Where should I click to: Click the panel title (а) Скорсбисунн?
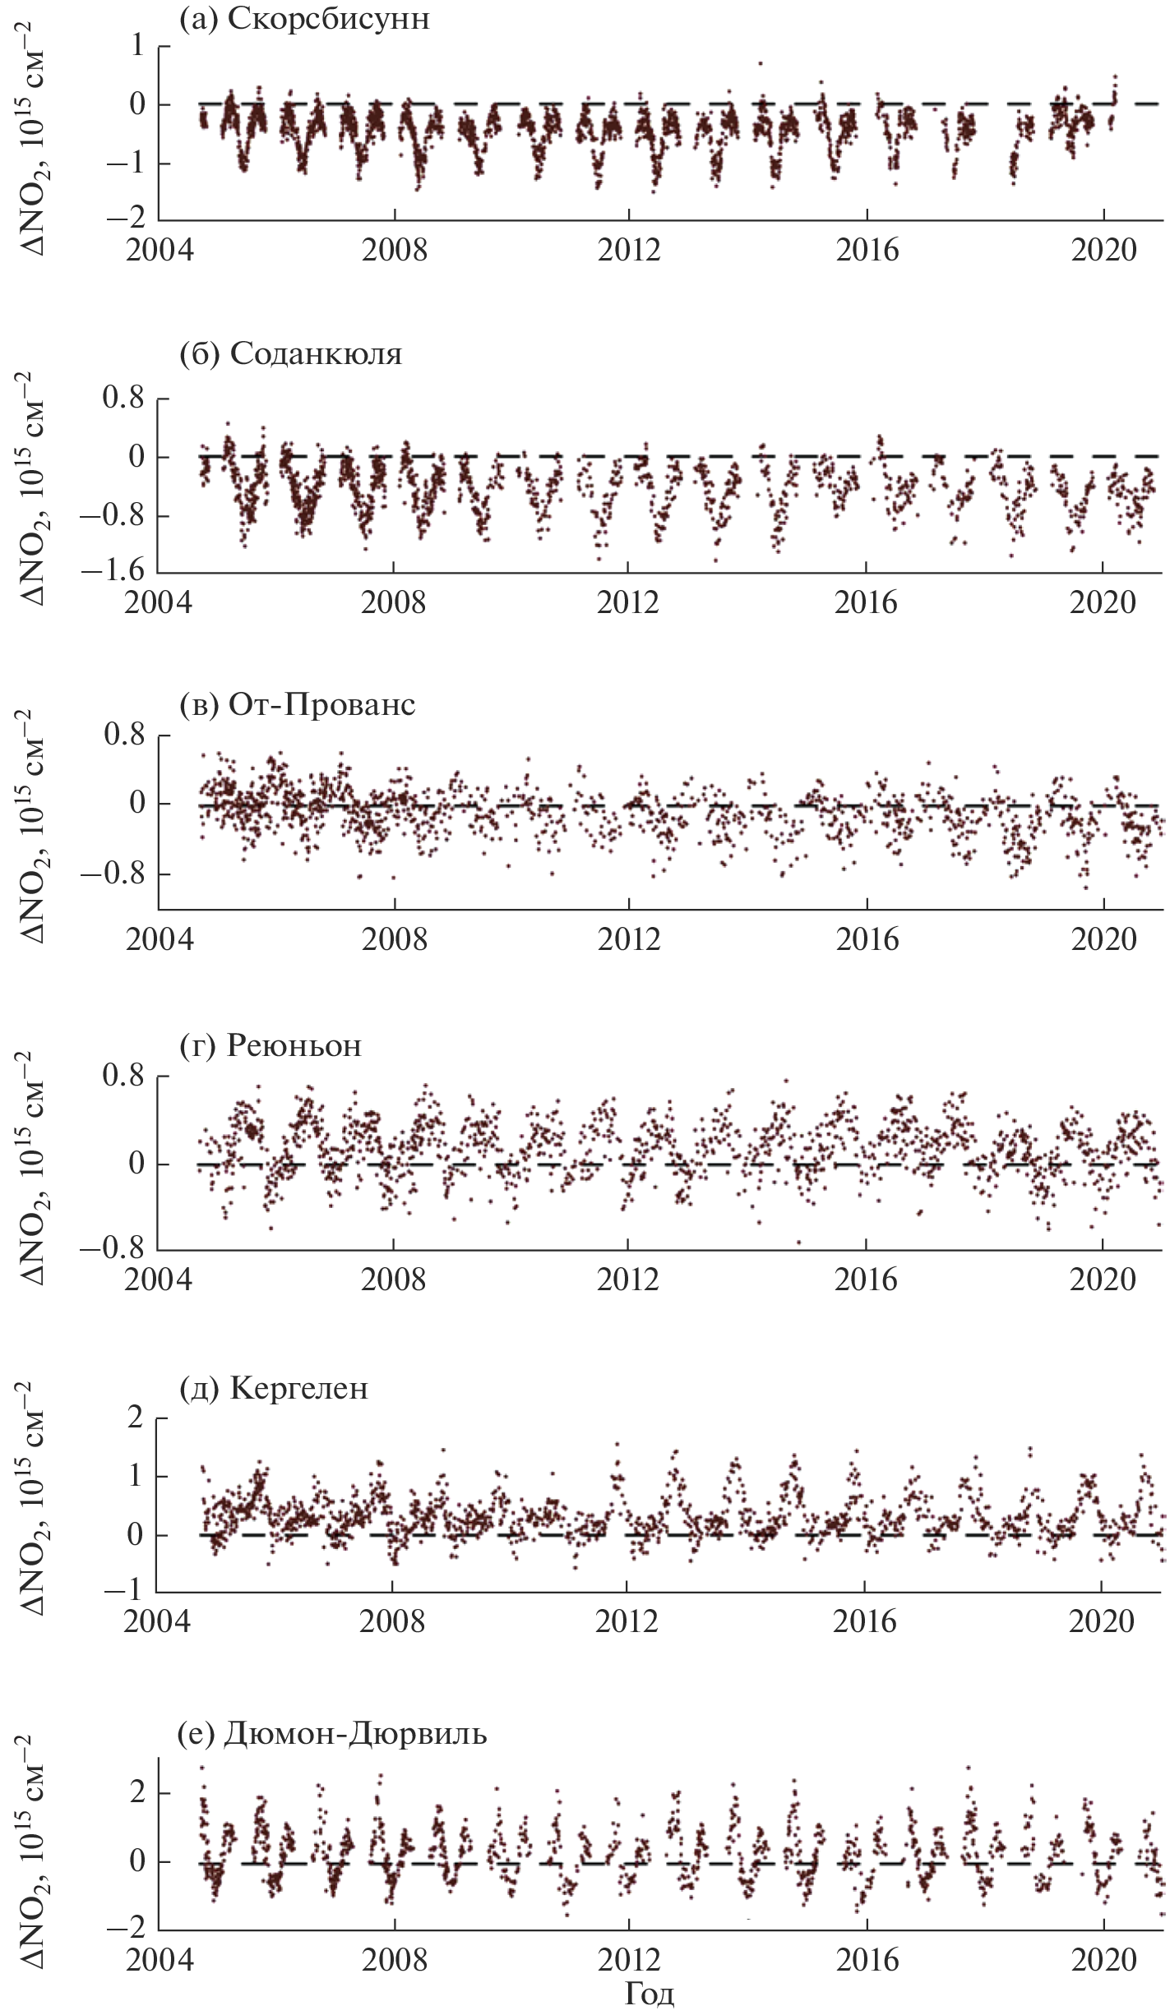pyautogui.click(x=304, y=19)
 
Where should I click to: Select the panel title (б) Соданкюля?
pyautogui.click(x=290, y=354)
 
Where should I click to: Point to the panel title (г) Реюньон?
pyautogui.click(x=270, y=1046)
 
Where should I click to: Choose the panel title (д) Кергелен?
pyautogui.click(x=273, y=1388)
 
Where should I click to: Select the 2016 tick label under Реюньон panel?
pyautogui.click(x=867, y=1280)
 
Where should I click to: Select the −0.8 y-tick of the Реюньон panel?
pyautogui.click(x=114, y=1248)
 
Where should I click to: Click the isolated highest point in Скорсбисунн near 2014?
pyautogui.click(x=761, y=63)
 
